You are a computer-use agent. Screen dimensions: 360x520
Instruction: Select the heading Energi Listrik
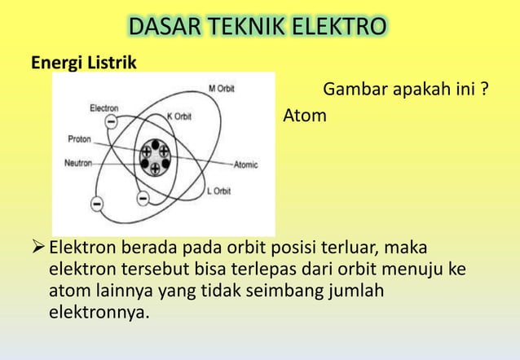[84, 62]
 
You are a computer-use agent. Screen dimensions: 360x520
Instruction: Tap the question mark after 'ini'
[485, 87]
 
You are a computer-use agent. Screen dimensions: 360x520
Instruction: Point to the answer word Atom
[304, 116]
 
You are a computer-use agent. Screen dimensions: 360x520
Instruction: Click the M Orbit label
[221, 88]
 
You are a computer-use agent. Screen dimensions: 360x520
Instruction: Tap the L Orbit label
[218, 191]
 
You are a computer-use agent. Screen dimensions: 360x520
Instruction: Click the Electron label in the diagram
[104, 108]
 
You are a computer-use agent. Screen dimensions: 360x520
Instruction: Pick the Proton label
[79, 138]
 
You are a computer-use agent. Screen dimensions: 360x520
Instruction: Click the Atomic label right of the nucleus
[245, 165]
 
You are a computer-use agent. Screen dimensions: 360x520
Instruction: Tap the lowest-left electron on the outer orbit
[97, 201]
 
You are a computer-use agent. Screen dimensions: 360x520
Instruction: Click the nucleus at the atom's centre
[155, 157]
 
